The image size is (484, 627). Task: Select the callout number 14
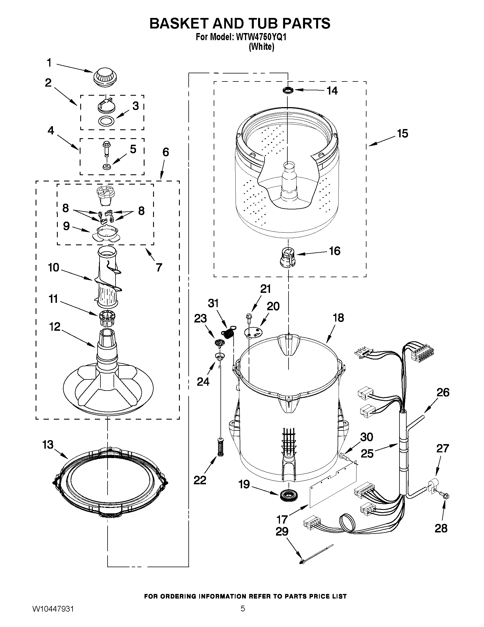pyautogui.click(x=332, y=91)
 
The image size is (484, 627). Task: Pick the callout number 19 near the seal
pyautogui.click(x=244, y=484)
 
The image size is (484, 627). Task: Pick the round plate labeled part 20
pyautogui.click(x=253, y=333)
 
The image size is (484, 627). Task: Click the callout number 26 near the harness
pyautogui.click(x=442, y=392)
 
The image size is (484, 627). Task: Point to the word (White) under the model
pyautogui.click(x=261, y=46)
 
